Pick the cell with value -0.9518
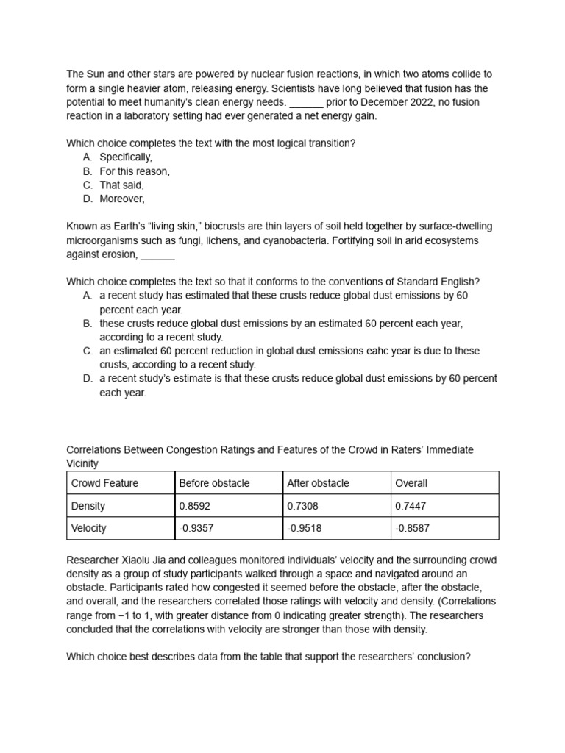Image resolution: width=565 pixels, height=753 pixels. coord(305,528)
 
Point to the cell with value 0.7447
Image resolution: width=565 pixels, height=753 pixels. coord(411,506)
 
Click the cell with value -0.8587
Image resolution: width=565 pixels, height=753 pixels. coord(413,528)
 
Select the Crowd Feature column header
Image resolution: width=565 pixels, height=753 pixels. coord(104,483)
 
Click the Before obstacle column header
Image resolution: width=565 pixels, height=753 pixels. coord(214,483)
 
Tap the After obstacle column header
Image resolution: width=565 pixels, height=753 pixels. coord(318,483)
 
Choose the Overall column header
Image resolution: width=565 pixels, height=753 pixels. coord(411,483)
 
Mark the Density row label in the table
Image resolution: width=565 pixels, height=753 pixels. coord(88,506)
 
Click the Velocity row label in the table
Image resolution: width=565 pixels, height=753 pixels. coord(89,528)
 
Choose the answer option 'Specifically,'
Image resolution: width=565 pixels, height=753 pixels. coord(126,157)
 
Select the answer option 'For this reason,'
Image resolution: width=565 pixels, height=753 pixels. coord(135,171)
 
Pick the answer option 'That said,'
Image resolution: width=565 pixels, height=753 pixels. coord(122,185)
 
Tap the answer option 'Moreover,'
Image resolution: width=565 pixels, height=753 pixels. coord(123,199)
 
